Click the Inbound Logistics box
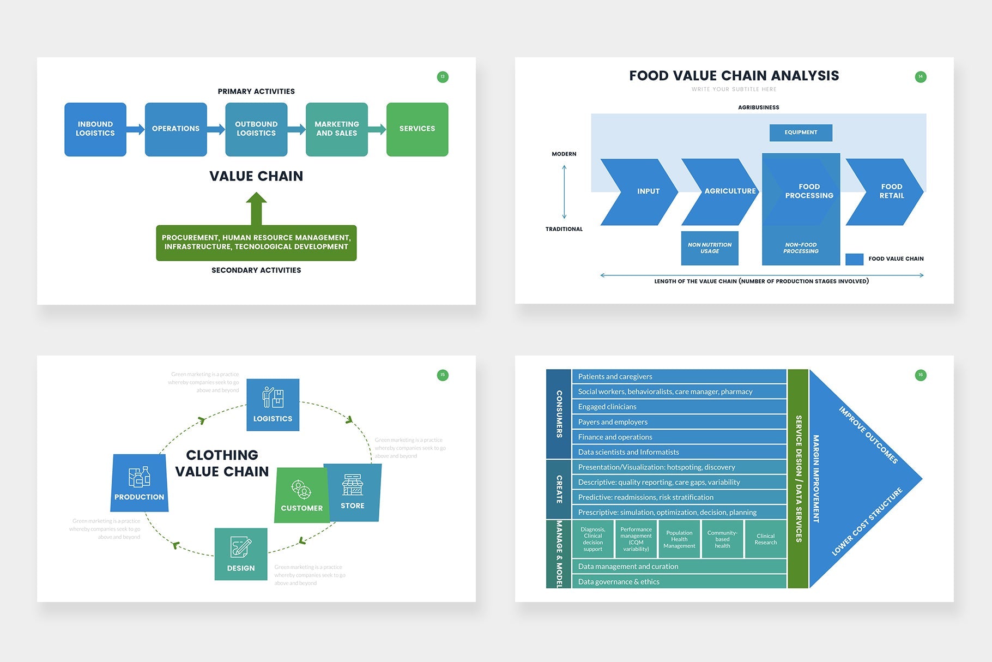(x=95, y=129)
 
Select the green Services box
(x=417, y=129)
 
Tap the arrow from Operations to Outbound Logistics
(x=216, y=129)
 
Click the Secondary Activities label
(x=256, y=270)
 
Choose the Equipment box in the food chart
(x=801, y=133)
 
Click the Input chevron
(x=643, y=191)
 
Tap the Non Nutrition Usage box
(x=710, y=248)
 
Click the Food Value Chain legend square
(x=854, y=259)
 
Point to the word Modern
(x=564, y=154)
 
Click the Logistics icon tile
(x=273, y=405)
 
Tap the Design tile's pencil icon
(x=240, y=546)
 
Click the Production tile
(x=139, y=483)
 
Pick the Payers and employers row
(x=679, y=422)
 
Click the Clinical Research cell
(x=765, y=539)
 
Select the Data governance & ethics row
(x=679, y=582)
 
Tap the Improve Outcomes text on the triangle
(x=868, y=435)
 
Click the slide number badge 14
(x=920, y=77)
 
